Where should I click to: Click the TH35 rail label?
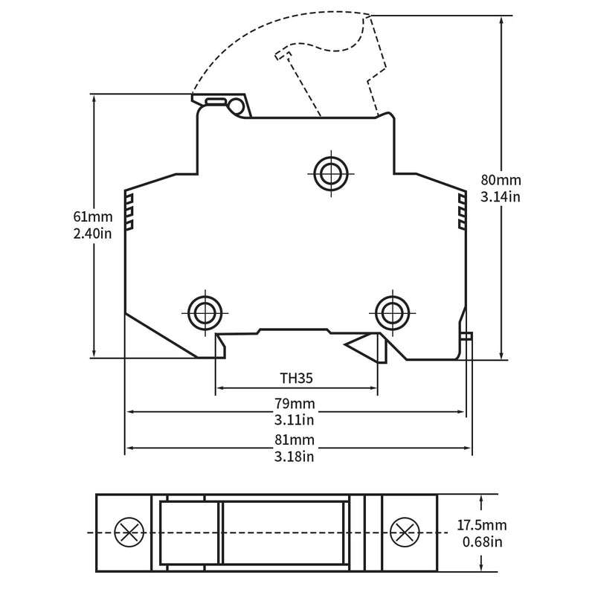[x=296, y=377]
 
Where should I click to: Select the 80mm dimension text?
[x=501, y=180]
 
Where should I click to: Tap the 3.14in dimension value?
[x=501, y=197]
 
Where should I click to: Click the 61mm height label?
[x=92, y=217]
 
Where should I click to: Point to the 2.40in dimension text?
[x=92, y=234]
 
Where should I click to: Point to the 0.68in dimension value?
[x=482, y=542]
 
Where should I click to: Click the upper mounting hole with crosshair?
[x=328, y=173]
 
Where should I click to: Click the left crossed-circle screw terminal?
[x=129, y=533]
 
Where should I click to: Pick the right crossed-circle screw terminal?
[x=404, y=533]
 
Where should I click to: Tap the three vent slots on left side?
[x=129, y=210]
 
